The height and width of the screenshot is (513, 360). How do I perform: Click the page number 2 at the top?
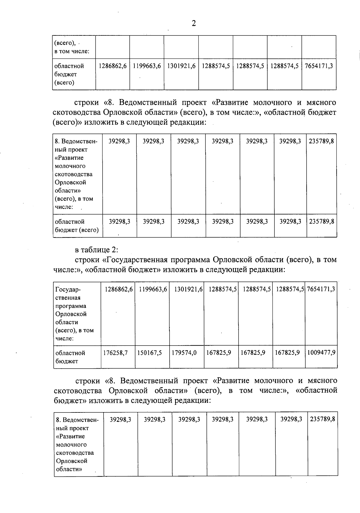[x=194, y=23]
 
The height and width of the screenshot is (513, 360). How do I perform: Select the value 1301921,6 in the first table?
[x=181, y=66]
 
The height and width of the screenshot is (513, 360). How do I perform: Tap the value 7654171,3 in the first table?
[x=319, y=66]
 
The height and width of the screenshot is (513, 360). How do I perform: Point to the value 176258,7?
[x=115, y=353]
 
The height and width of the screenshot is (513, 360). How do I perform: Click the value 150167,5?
[x=149, y=353]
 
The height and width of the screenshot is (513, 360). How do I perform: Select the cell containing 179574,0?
[x=184, y=353]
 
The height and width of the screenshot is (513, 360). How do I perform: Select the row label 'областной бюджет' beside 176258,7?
[x=70, y=357]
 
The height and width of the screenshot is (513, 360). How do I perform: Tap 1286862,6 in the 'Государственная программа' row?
[x=118, y=289]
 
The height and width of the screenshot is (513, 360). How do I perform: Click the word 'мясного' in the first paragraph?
[x=321, y=103]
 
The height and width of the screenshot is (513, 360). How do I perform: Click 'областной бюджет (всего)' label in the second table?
[x=77, y=226]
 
